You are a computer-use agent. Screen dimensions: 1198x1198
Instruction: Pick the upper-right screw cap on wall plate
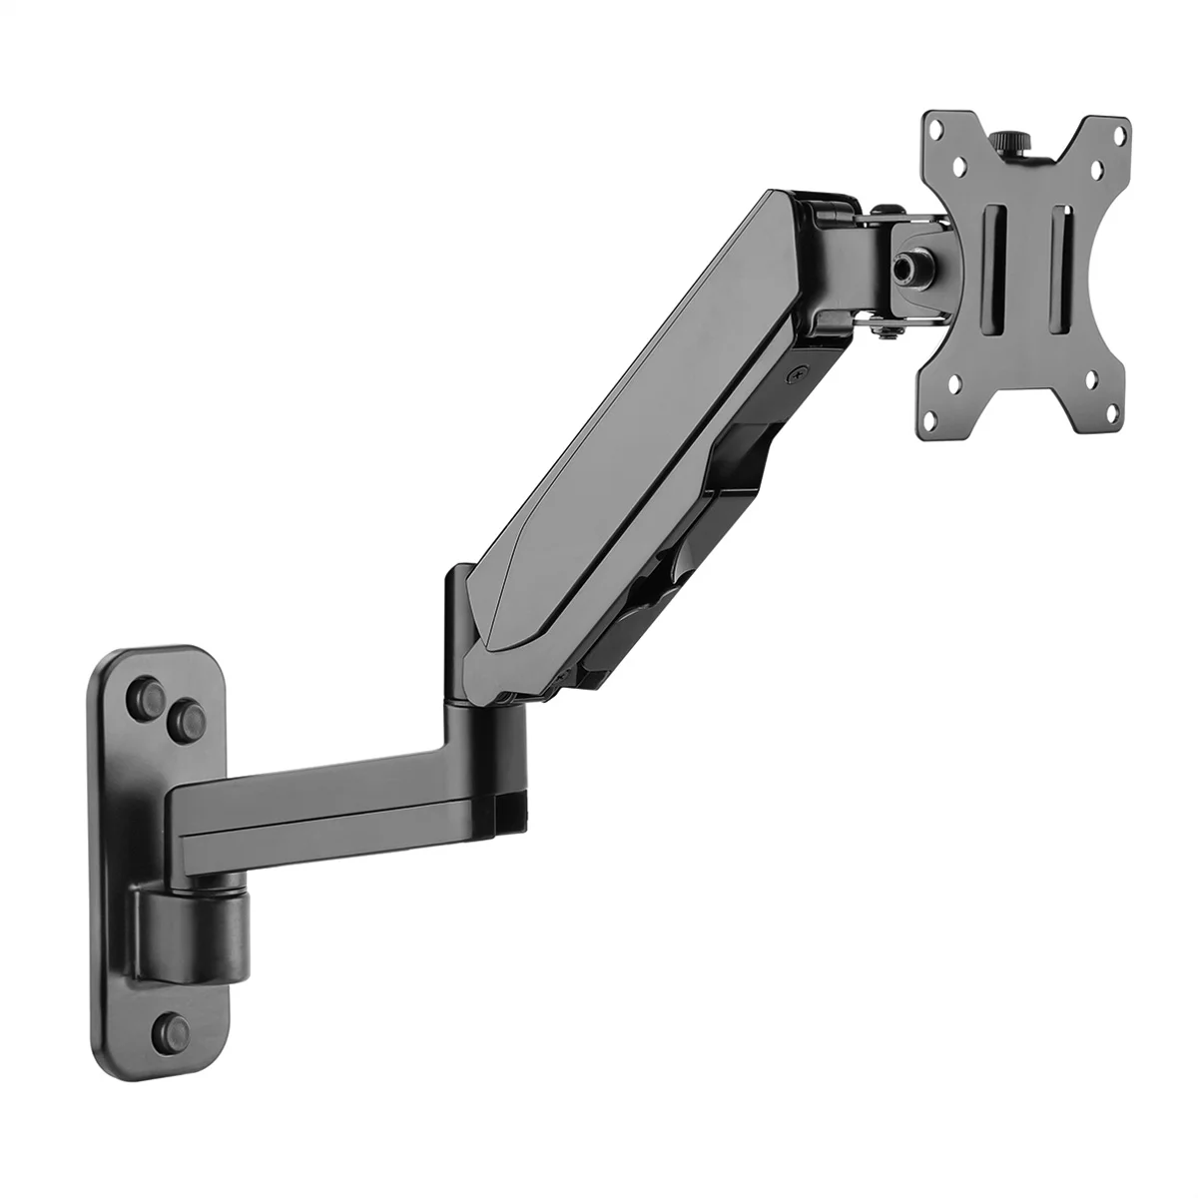pos(186,714)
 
